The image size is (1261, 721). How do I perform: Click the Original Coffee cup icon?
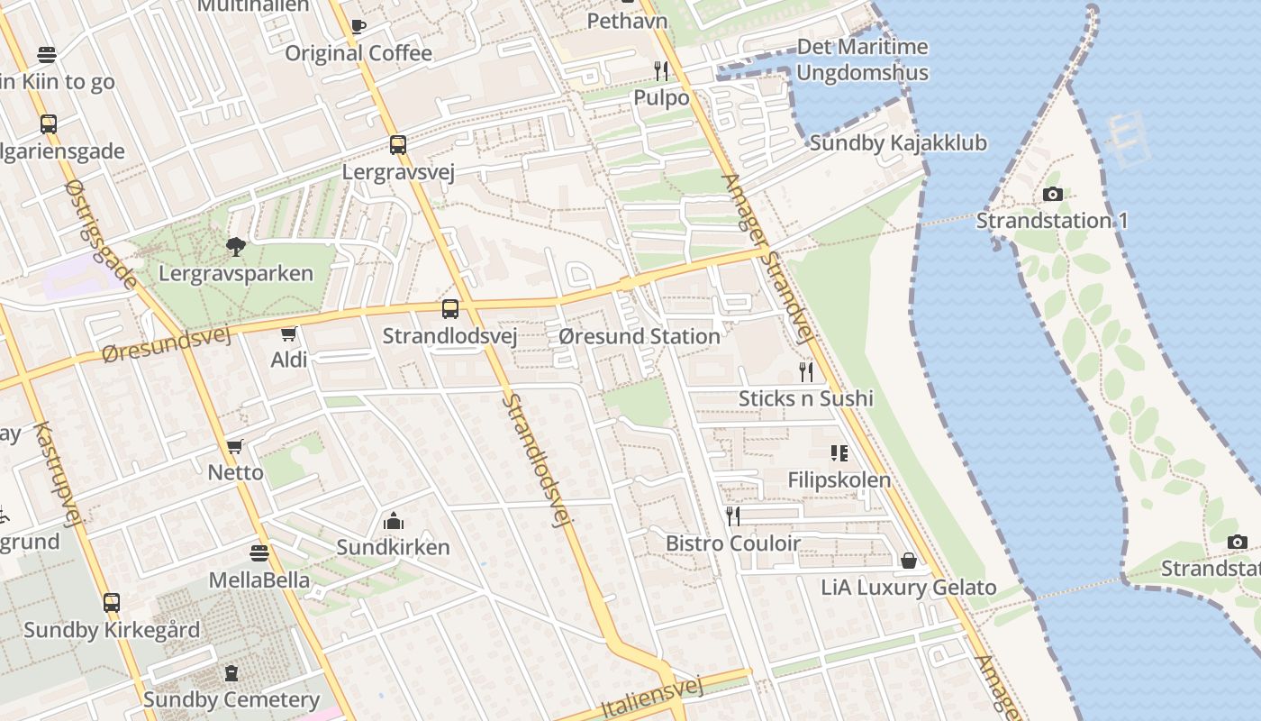pyautogui.click(x=358, y=26)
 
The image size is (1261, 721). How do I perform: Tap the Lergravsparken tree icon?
pyautogui.click(x=236, y=246)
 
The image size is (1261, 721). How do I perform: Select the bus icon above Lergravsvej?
pyautogui.click(x=397, y=144)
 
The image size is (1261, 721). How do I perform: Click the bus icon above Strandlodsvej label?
pyautogui.click(x=449, y=309)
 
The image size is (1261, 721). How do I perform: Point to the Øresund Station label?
pyautogui.click(x=639, y=336)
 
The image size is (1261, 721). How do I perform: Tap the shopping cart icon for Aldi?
pyautogui.click(x=289, y=334)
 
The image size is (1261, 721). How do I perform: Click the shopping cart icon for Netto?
pyautogui.click(x=235, y=447)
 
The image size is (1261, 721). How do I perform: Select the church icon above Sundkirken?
pyautogui.click(x=393, y=521)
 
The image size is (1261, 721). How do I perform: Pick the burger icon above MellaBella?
pyautogui.click(x=259, y=552)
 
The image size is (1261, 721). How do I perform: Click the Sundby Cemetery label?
pyautogui.click(x=231, y=699)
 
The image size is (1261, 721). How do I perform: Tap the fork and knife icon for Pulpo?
pyautogui.click(x=661, y=71)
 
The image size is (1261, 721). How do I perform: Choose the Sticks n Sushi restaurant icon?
pyautogui.click(x=806, y=371)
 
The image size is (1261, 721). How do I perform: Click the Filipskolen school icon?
pyautogui.click(x=839, y=453)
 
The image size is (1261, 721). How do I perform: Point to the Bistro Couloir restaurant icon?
pyautogui.click(x=733, y=516)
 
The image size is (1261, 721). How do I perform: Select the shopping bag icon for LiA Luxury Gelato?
pyautogui.click(x=909, y=561)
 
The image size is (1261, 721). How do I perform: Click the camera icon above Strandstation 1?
pyautogui.click(x=1052, y=194)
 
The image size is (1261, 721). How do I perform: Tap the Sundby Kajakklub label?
pyautogui.click(x=898, y=142)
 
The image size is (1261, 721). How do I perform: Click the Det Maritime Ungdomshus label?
pyautogui.click(x=862, y=59)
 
